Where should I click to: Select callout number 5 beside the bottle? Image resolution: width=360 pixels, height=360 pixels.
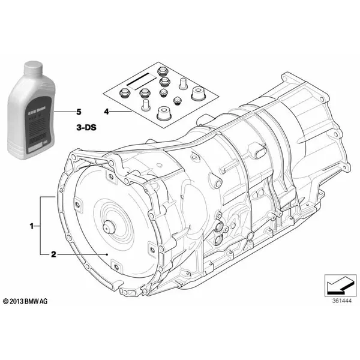point(77,112)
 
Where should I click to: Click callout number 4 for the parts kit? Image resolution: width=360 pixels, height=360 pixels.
point(106,112)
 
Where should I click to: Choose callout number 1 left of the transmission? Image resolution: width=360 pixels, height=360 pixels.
point(31,226)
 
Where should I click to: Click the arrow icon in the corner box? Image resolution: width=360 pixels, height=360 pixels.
point(336,281)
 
